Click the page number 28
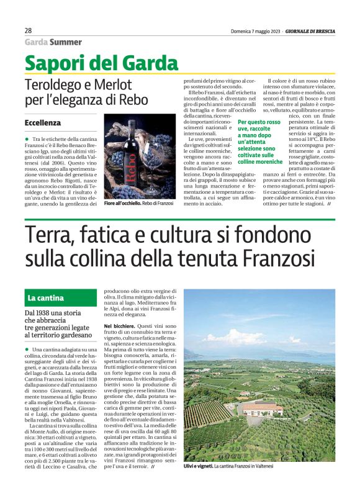[28, 30]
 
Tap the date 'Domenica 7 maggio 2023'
[248, 30]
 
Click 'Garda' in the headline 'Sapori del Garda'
[147, 63]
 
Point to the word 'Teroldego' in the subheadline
[53, 84]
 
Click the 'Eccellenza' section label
[43, 123]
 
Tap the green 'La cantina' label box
[47, 299]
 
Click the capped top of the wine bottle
[131, 126]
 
